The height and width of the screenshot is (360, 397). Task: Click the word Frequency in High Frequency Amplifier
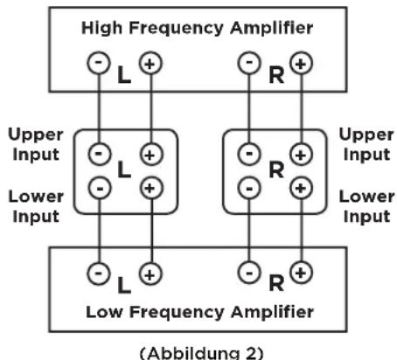pos(177,29)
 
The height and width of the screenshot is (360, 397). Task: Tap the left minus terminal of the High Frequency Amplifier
pos(99,63)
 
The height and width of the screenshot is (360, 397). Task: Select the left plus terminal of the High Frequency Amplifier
pos(150,63)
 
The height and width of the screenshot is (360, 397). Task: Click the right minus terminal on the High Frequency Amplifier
pos(249,63)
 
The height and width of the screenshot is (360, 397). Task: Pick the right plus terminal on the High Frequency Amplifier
pos(301,63)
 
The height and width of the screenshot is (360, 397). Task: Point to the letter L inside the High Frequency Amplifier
pos(124,75)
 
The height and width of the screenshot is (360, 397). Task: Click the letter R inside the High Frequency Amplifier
pos(276,75)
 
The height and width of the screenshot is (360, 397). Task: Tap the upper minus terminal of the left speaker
pos(100,154)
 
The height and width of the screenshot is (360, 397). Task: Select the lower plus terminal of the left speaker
pos(151,188)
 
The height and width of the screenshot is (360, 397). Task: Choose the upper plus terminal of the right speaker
pos(301,154)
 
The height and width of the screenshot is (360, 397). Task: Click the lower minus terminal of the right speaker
pos(249,188)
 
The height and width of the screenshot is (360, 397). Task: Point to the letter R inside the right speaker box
pos(276,170)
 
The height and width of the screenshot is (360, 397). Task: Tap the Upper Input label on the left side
pos(36,144)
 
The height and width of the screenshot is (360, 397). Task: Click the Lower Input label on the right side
pos(366,206)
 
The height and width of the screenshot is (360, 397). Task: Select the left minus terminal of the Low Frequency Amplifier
pos(99,273)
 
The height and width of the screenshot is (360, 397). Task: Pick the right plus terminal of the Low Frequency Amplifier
pos(301,273)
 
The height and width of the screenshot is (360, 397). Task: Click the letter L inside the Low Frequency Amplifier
pos(124,285)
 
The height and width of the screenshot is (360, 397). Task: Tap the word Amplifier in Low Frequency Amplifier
pos(272,313)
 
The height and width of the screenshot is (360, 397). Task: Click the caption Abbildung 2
pos(202,353)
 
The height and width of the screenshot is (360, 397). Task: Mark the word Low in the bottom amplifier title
pos(104,312)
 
